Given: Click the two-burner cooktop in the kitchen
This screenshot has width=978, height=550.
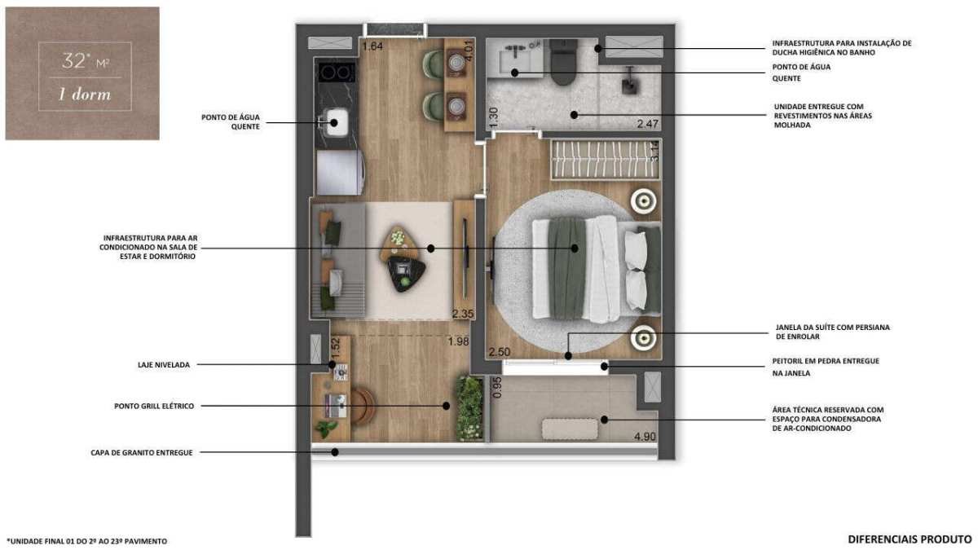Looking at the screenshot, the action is (336, 73).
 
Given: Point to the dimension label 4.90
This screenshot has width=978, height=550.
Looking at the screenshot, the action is (645, 436).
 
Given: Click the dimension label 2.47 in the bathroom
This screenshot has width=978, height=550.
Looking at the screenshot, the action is (647, 124).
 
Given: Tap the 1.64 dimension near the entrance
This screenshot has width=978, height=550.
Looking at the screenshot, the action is (372, 46).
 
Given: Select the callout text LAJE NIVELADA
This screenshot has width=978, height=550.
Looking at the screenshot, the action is (164, 365).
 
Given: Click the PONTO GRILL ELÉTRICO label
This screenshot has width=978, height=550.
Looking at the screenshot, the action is (154, 406).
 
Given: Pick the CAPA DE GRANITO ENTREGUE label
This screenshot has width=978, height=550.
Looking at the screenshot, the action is (142, 453).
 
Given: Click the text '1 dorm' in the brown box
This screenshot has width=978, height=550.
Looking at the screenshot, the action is (85, 95).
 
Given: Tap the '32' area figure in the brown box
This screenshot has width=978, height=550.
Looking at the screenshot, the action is (73, 60).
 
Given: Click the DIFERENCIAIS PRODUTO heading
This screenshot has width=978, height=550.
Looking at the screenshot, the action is (910, 539).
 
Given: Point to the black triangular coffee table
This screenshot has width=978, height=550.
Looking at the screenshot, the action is (407, 274).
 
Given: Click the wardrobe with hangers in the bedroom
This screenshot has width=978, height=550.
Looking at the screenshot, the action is (606, 159).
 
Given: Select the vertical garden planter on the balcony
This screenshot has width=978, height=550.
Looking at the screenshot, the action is (469, 408).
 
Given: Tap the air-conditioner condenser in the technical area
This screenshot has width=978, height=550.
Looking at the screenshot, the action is (570, 429).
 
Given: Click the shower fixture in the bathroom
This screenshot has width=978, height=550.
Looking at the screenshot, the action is (629, 81).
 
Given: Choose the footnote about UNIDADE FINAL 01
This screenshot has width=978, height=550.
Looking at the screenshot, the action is (87, 541).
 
